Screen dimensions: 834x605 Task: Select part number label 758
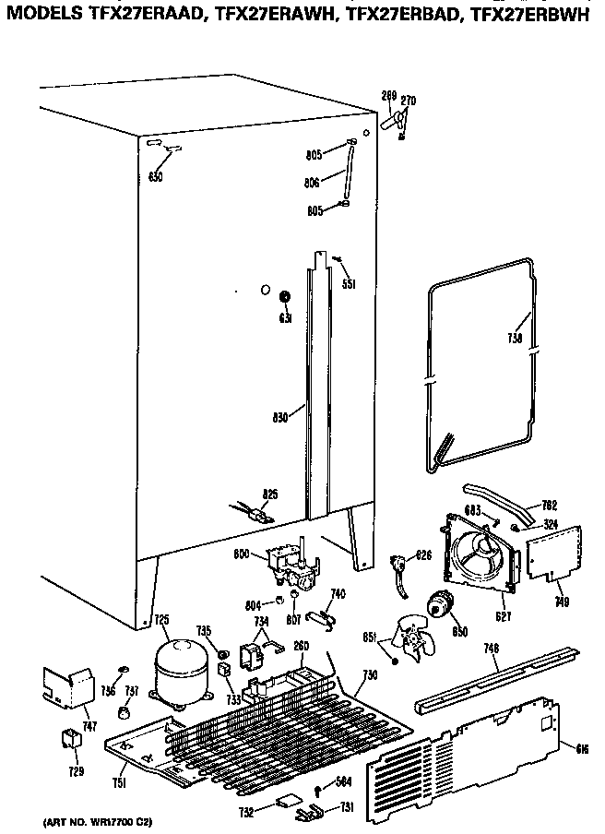click(515, 340)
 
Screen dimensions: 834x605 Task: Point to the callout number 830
click(281, 416)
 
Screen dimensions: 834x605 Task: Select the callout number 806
click(312, 183)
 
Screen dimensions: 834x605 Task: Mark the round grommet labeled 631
click(285, 296)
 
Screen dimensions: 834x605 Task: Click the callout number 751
click(119, 784)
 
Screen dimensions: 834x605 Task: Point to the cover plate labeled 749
click(552, 554)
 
